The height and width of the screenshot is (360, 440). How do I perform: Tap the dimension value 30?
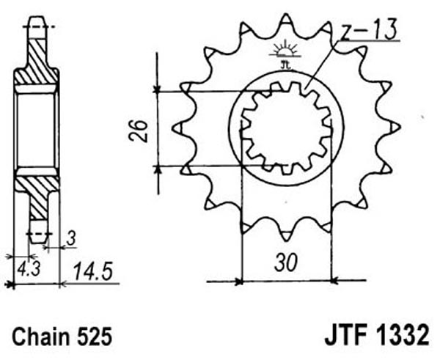click(285, 263)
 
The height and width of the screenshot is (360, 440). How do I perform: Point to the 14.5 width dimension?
click(93, 271)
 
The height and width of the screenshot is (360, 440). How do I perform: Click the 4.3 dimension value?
click(29, 269)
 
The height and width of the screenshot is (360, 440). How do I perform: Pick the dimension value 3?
click(72, 239)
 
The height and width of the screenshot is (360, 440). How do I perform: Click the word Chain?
click(41, 336)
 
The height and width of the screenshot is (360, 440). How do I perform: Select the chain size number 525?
click(95, 336)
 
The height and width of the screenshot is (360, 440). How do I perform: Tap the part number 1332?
click(402, 335)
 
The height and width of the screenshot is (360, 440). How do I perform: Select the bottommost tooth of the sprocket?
click(286, 234)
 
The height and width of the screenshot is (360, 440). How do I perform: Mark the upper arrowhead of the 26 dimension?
click(157, 89)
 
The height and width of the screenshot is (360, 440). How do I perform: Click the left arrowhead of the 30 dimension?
click(239, 281)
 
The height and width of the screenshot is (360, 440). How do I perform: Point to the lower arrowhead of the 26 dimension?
click(158, 169)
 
